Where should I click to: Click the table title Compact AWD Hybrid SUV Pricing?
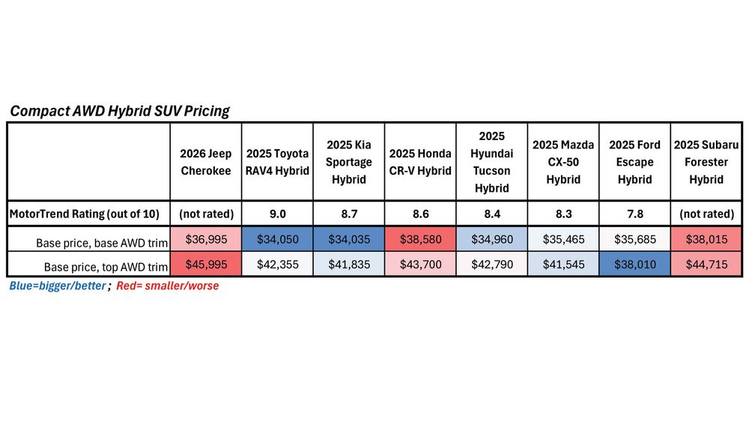coord(119,111)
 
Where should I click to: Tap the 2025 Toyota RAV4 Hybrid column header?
coord(278,162)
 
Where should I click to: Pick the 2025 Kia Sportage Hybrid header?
coord(349,162)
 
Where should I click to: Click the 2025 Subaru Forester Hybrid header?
coord(706,162)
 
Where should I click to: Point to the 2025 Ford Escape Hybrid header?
coord(634,162)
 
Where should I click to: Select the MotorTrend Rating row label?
coord(84,214)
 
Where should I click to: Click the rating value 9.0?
coord(278,214)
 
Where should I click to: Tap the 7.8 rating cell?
coord(634,214)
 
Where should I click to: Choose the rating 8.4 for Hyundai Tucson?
coord(491,214)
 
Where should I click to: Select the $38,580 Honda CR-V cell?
coord(420,241)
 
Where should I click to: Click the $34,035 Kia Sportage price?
coord(349,241)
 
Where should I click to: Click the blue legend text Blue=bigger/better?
coord(57,286)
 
